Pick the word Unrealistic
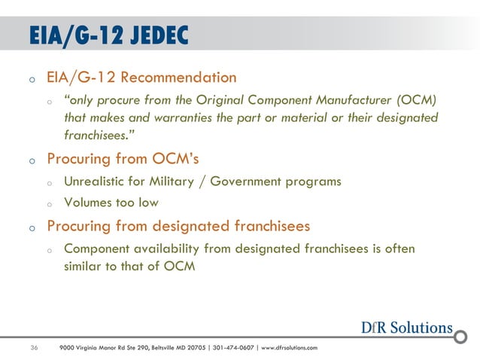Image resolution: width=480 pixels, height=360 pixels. point(100,182)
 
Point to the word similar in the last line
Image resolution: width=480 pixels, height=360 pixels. point(84,266)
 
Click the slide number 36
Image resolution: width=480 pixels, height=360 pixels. point(34,347)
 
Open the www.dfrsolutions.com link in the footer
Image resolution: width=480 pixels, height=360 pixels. point(290,347)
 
